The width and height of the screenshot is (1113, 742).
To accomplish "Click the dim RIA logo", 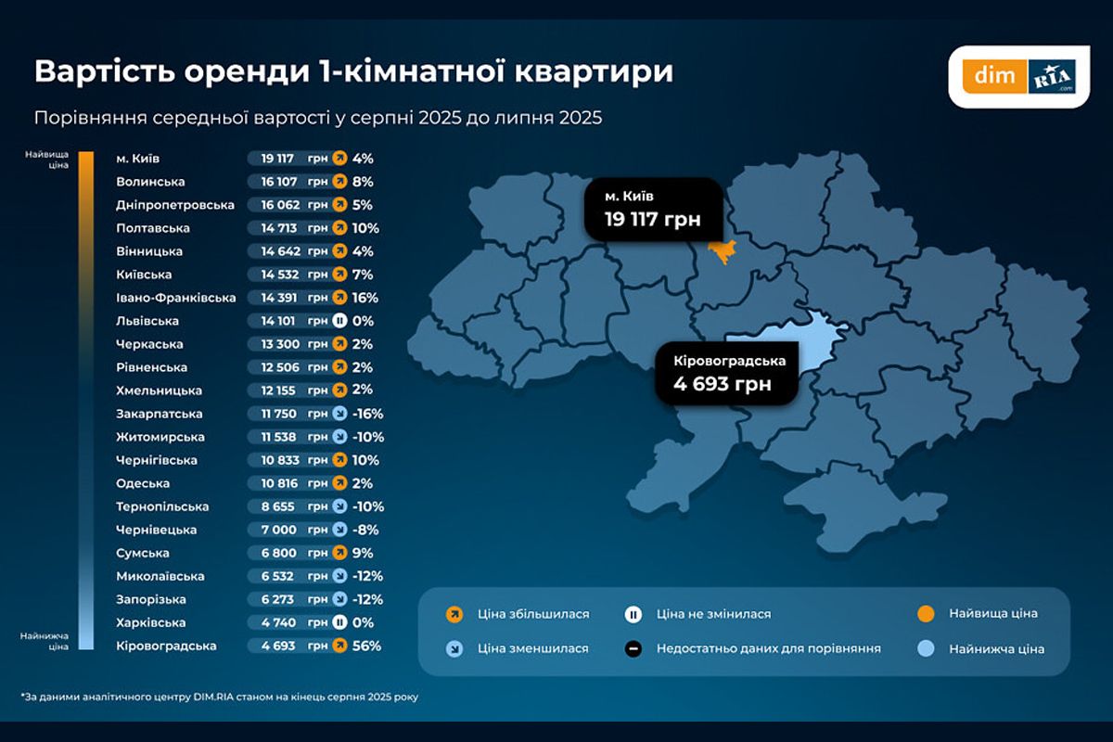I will point(1018,76).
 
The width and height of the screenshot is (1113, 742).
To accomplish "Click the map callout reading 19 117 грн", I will point(652,210).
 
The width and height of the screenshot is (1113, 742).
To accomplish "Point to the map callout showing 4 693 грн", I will point(726,373).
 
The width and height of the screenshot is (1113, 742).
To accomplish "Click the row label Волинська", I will point(151,182).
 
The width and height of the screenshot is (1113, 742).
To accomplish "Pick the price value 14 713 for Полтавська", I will point(272,228).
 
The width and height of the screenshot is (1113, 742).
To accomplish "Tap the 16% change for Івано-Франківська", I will point(365,298).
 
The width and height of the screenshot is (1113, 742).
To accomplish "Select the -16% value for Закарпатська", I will point(367,414).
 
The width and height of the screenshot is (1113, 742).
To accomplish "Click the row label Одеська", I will point(144,483).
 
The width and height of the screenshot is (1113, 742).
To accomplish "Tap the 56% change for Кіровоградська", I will point(365,646).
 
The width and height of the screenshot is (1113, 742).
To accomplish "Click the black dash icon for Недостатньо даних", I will point(633,649).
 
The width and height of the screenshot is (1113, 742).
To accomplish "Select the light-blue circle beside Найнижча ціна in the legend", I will point(924,649).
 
